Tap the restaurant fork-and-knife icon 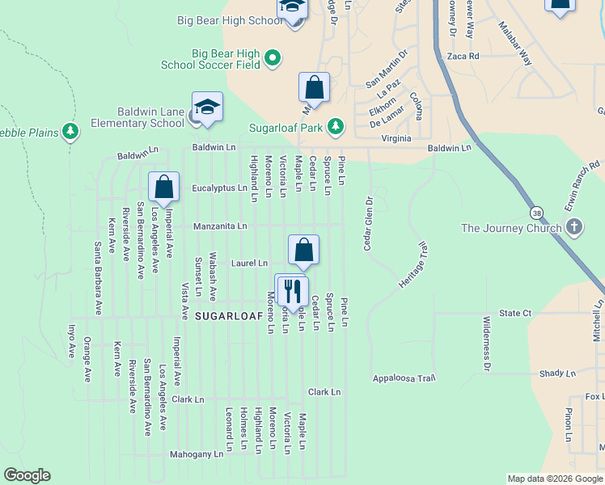tap(292, 289)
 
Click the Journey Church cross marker tap(573, 227)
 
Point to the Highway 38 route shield tap(536, 212)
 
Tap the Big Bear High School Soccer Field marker tap(273, 57)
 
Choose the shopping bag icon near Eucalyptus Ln tap(163, 187)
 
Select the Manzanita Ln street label tap(219, 226)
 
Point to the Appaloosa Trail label tap(404, 378)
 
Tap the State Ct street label tap(514, 313)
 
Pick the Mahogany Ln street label tap(196, 455)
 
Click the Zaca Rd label tap(463, 57)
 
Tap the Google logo tap(27, 475)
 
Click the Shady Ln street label tap(556, 373)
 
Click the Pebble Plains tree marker tap(71, 131)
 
